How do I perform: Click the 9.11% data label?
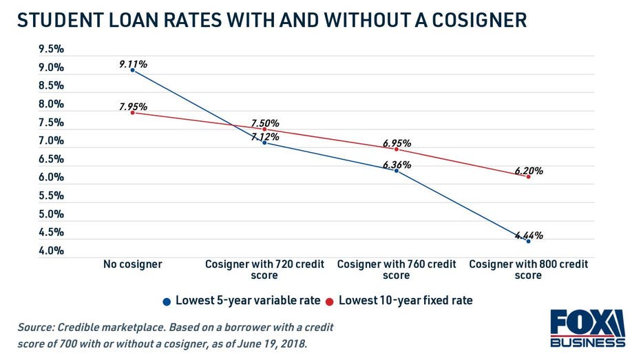[x=133, y=64]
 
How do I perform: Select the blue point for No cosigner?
[x=132, y=70]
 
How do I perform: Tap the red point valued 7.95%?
[x=132, y=112]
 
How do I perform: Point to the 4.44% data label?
[x=529, y=235]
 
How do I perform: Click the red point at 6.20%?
[x=528, y=177]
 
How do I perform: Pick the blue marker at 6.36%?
[x=397, y=171]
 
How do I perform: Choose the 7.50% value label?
[x=265, y=123]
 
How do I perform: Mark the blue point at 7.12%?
[x=264, y=142]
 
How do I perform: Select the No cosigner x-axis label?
[x=133, y=264]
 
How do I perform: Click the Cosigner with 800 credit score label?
[x=528, y=269]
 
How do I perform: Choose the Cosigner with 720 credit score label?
[x=264, y=269]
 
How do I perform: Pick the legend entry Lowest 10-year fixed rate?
[x=405, y=300]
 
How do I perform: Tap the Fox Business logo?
[x=587, y=329]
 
